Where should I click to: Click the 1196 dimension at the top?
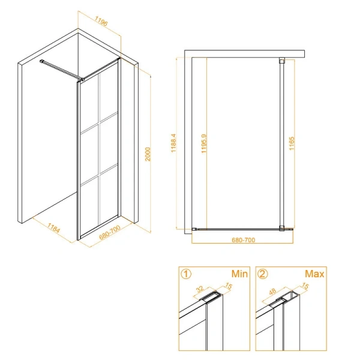[101, 22]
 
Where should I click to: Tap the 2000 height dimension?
[148, 154]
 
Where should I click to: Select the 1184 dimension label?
[53, 228]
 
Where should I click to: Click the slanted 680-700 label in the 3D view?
[110, 232]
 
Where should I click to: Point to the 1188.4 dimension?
[173, 143]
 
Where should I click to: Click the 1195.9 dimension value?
[204, 143]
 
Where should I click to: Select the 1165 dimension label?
[292, 143]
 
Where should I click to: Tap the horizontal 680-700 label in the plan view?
[244, 240]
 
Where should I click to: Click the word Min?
[239, 274]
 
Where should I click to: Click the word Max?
[314, 274]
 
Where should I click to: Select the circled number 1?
[186, 274]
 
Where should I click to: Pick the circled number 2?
[263, 274]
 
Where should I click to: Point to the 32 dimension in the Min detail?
[200, 289]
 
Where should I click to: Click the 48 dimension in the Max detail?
[272, 292]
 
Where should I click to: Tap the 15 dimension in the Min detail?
[229, 286]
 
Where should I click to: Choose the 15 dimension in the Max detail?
[305, 286]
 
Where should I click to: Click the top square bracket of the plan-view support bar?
[282, 61]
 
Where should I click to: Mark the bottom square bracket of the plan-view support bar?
[282, 228]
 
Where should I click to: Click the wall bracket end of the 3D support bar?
[42, 61]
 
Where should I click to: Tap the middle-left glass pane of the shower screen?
[89, 155]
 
